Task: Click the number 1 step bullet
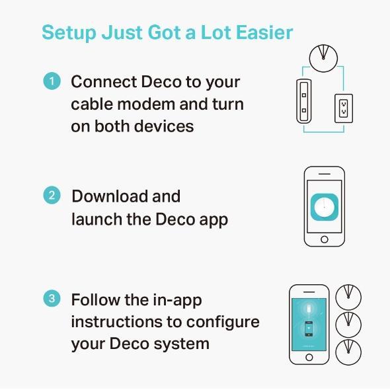point(52,82)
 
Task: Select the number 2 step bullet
point(52,196)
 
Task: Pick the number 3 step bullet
point(52,299)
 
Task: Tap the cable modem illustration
point(304,100)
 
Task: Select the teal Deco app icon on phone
point(324,208)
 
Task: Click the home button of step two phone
point(324,239)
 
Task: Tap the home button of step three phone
point(309,357)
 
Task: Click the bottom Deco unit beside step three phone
point(348,352)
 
